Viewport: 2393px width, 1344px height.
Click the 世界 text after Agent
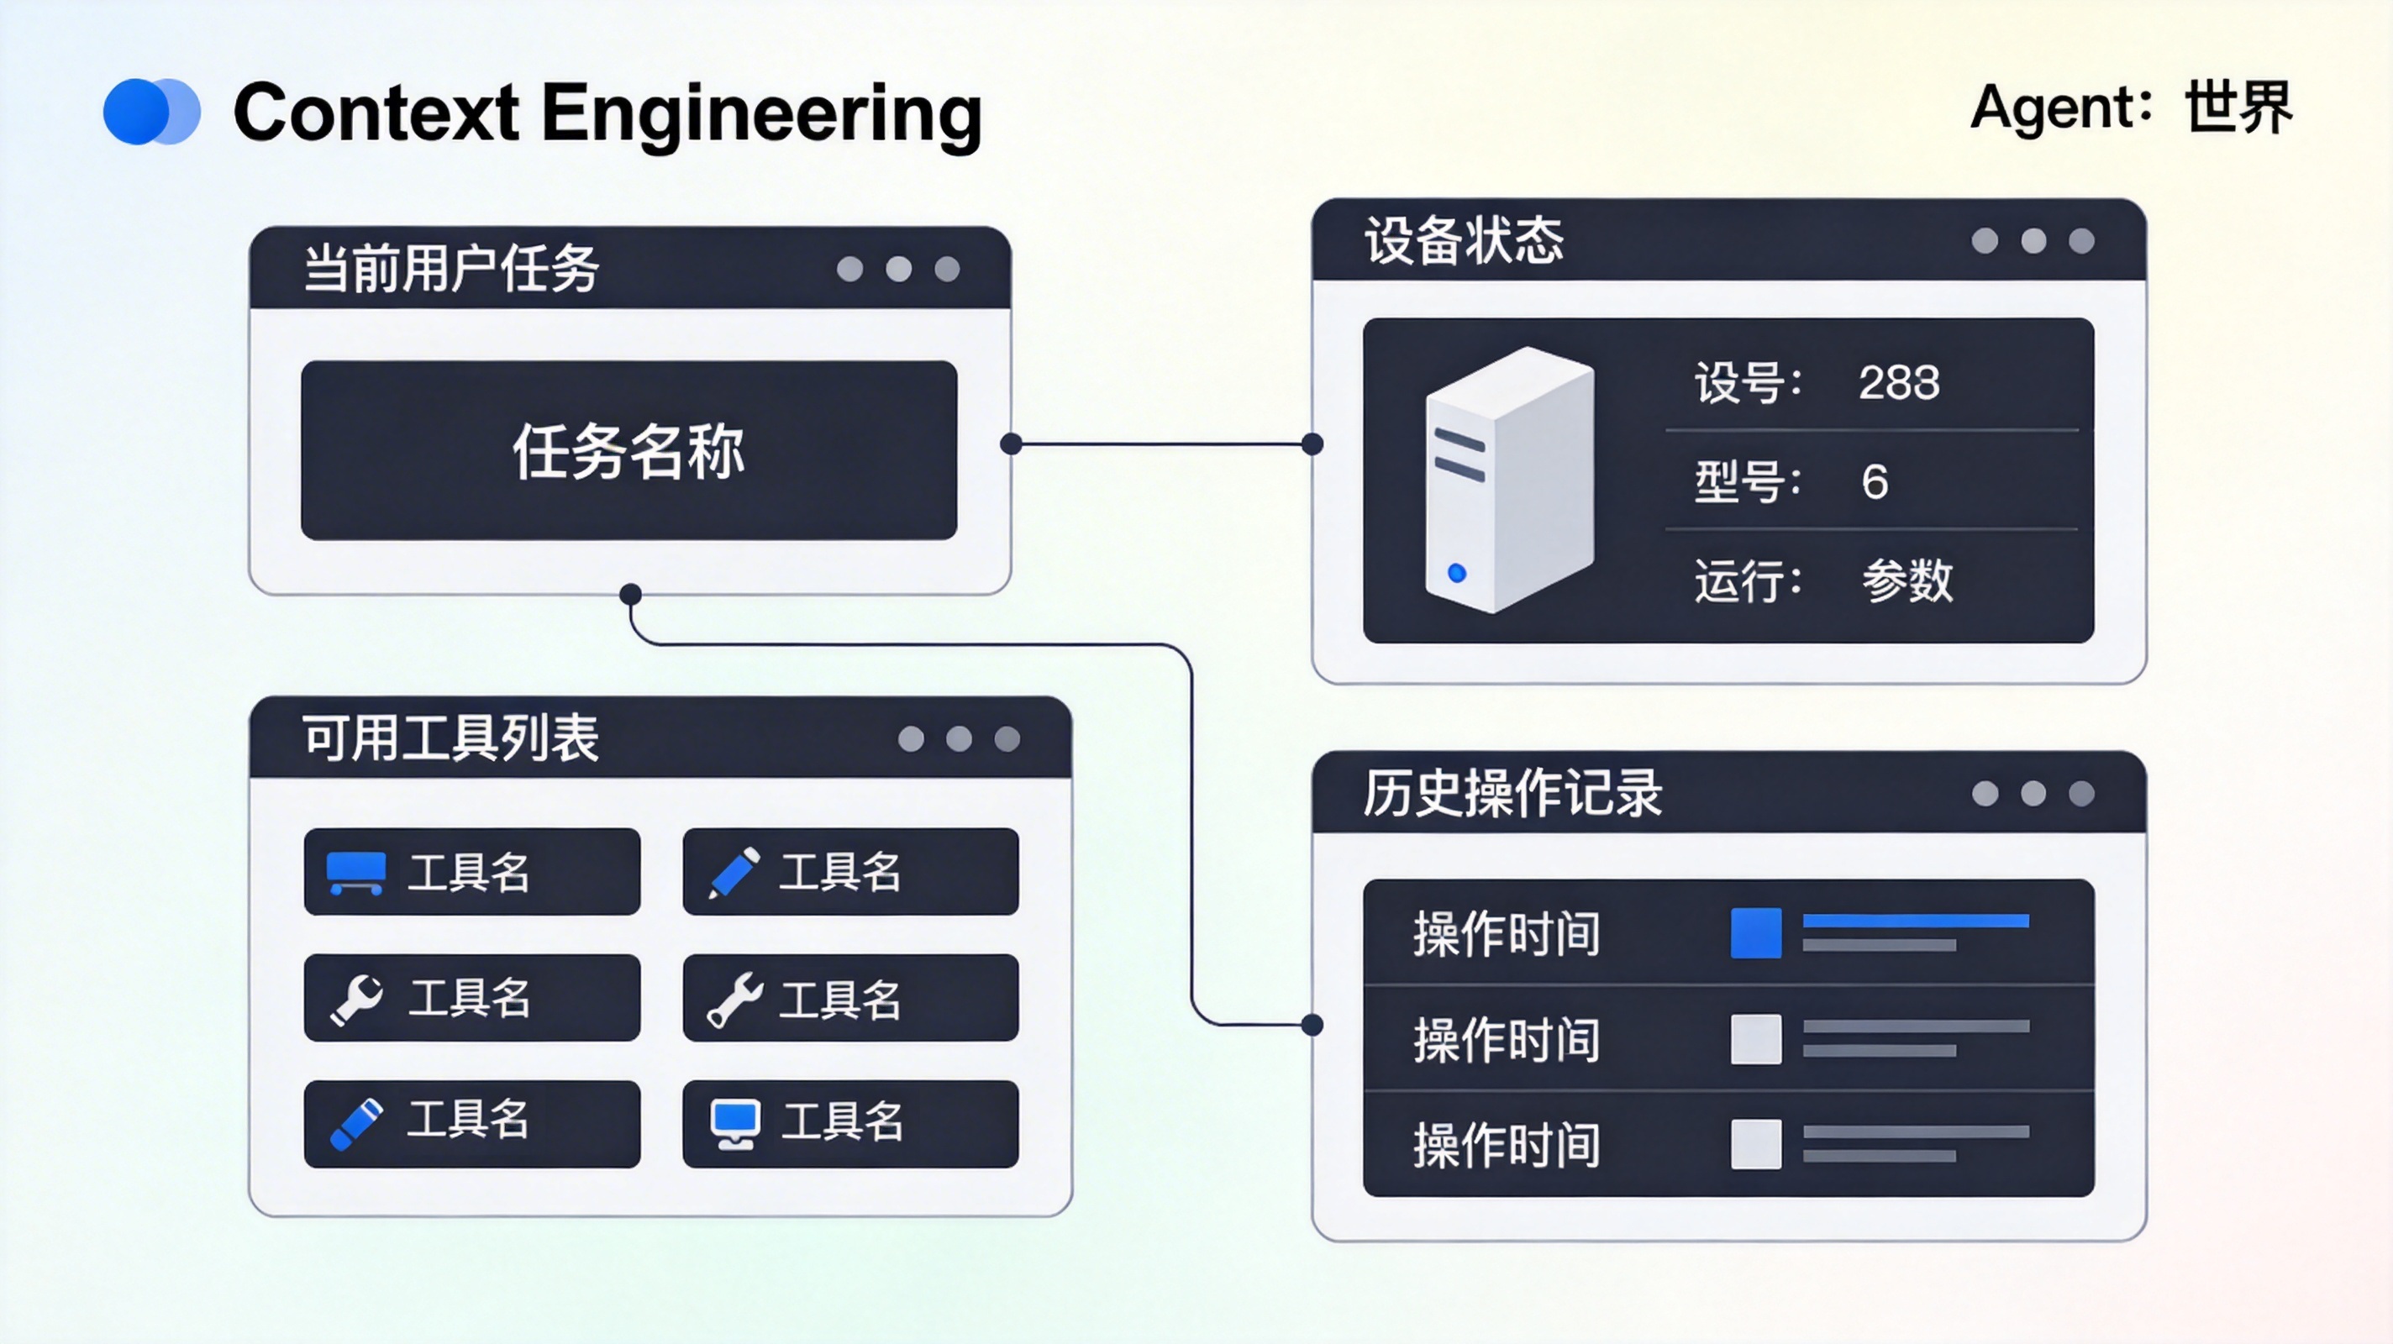2238,108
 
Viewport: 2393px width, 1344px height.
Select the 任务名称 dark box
628,450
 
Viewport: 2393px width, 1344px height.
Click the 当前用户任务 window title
451,270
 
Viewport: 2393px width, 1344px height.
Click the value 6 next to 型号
1874,482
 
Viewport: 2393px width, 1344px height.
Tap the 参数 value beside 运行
1907,581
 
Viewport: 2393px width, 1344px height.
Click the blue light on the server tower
1457,573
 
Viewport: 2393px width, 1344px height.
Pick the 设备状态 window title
1463,240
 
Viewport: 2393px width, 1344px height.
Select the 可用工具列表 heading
451,738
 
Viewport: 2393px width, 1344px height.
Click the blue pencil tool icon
734,872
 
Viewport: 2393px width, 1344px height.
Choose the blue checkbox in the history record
1756,932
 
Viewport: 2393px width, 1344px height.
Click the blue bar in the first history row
1915,921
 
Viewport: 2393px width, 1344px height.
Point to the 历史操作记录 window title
1512,793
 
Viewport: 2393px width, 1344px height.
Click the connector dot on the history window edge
1312,1026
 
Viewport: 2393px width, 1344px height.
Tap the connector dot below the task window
631,594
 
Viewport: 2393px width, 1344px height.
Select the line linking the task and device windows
1161,444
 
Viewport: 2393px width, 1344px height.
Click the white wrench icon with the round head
357,999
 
